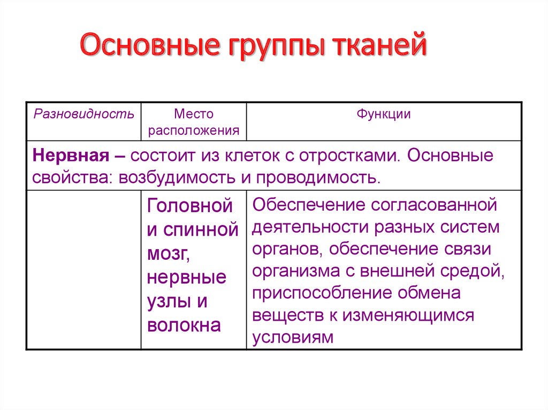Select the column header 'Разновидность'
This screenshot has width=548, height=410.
tap(84, 114)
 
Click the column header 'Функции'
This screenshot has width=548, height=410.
tap(383, 114)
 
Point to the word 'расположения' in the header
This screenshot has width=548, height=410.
tap(194, 130)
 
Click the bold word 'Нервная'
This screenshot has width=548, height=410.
tap(71, 156)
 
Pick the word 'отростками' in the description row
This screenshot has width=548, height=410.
tap(349, 156)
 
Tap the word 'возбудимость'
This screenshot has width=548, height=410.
tap(177, 178)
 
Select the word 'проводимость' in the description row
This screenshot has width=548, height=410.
tap(318, 178)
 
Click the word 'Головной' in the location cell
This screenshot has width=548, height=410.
tap(190, 205)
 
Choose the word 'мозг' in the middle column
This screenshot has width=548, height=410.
tap(169, 254)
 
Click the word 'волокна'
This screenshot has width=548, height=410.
tap(184, 325)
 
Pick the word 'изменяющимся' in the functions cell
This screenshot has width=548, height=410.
tap(408, 315)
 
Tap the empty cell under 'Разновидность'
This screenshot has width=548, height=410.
tap(84, 269)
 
